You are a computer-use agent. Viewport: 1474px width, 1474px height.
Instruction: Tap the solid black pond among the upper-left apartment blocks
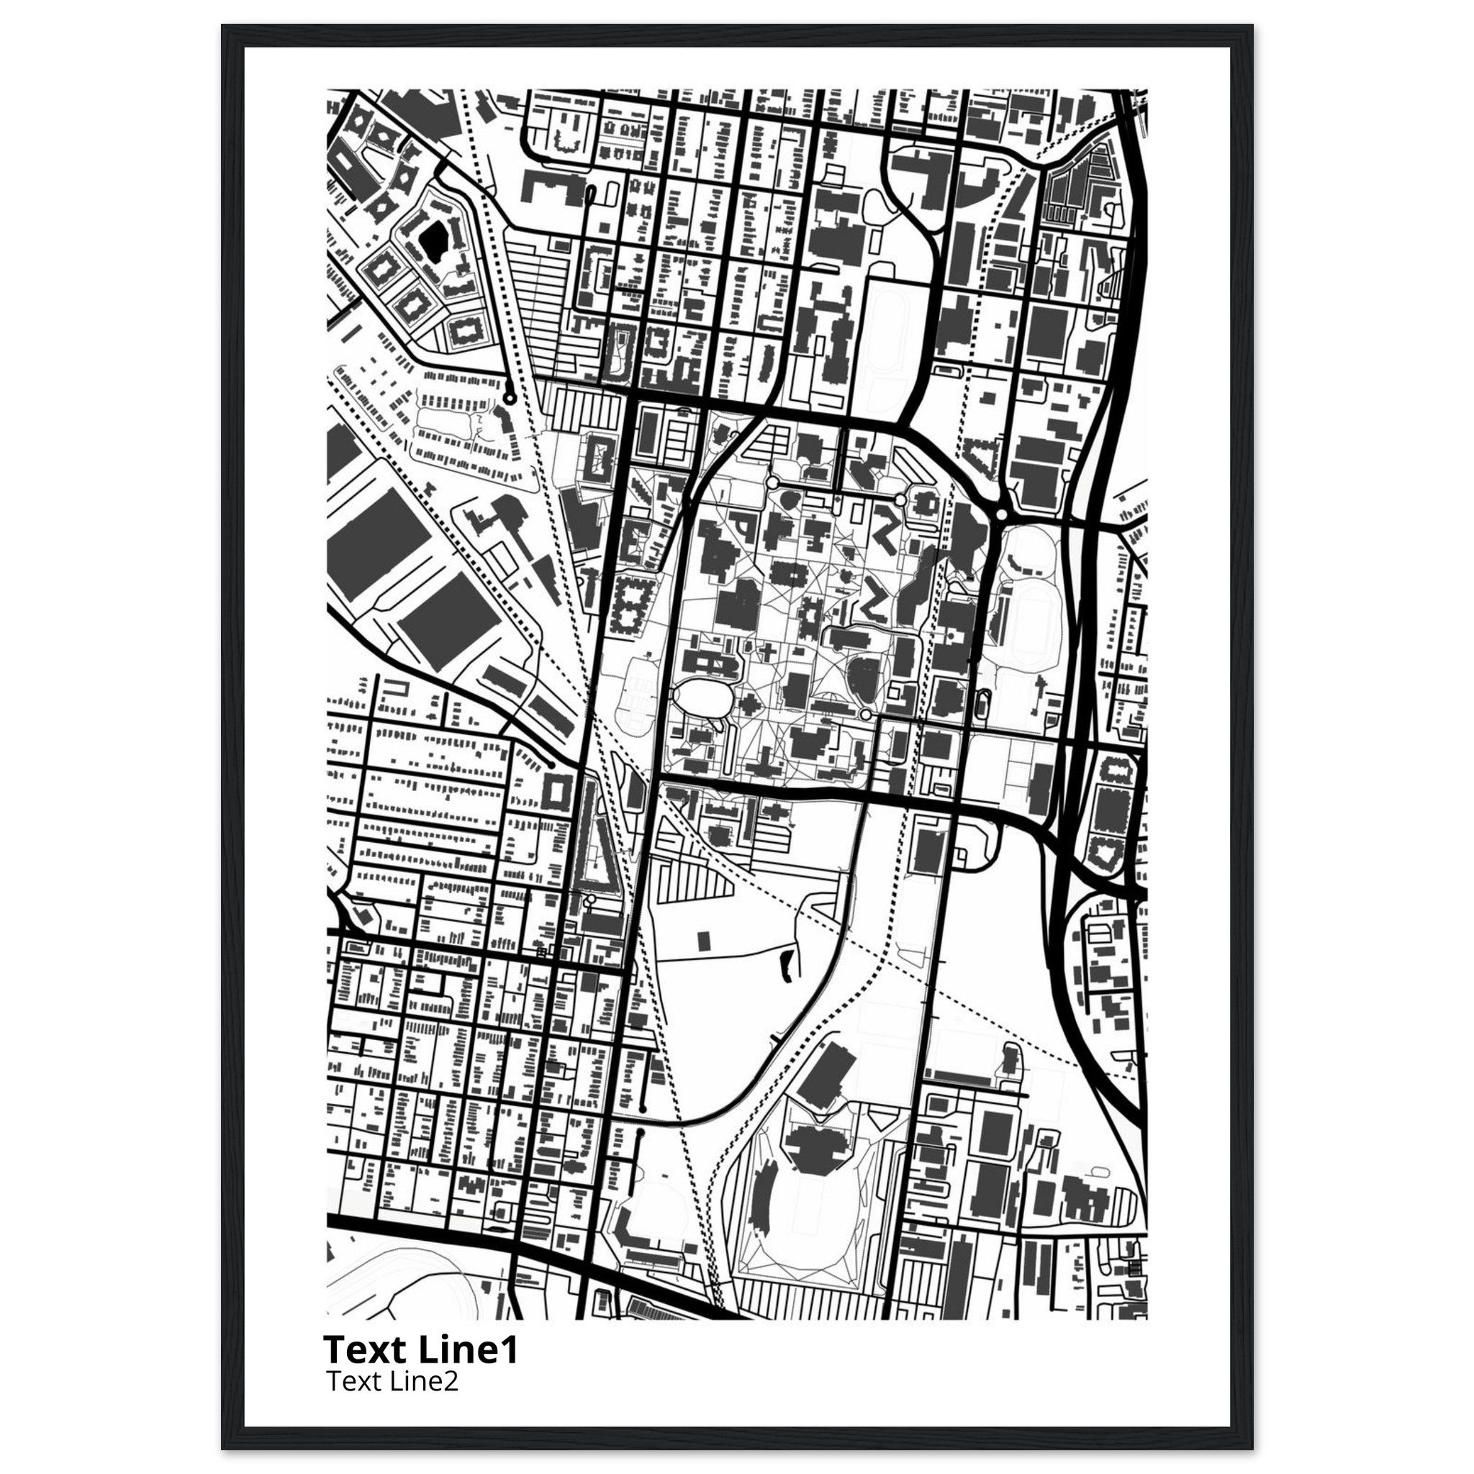click(x=433, y=241)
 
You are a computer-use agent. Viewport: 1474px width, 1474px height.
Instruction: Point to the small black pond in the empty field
click(x=785, y=967)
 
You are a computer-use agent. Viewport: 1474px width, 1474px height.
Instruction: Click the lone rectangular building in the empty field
click(x=703, y=940)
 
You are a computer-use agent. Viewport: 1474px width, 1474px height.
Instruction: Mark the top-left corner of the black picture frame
click(x=223, y=26)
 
